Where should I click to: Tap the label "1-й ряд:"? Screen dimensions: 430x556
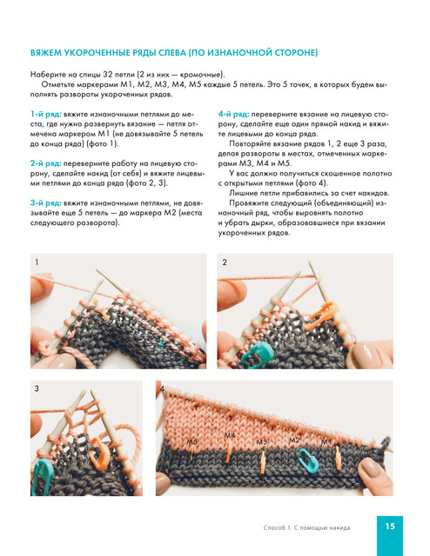(x=46, y=115)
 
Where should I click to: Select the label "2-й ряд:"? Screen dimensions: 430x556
(x=46, y=163)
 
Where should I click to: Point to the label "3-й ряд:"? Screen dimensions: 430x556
(x=46, y=203)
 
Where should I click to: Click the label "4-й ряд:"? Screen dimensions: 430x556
(x=234, y=115)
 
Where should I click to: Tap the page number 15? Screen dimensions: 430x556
(x=390, y=526)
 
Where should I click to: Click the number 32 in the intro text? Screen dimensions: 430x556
(x=108, y=75)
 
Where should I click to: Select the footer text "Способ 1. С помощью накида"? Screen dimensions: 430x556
(x=306, y=527)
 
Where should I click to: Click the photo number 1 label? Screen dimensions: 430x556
(x=37, y=262)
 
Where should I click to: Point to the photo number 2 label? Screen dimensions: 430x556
(x=225, y=262)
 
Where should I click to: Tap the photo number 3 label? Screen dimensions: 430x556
(x=37, y=388)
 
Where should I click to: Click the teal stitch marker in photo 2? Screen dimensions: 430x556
(x=258, y=354)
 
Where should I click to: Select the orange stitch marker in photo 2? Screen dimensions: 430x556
(x=320, y=314)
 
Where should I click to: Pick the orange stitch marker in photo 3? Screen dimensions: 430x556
(x=100, y=453)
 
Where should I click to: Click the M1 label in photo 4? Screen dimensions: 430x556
(x=326, y=442)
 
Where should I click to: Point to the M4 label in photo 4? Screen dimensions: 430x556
(x=230, y=435)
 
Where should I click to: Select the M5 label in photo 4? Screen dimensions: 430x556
(x=192, y=442)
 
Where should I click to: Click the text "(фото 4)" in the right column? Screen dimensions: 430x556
(x=311, y=183)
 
